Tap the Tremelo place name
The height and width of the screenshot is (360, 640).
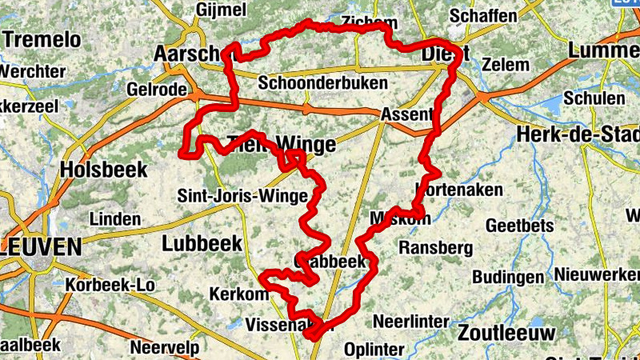click(42, 39)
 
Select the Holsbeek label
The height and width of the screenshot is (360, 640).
click(103, 170)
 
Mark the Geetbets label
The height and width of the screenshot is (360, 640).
click(519, 226)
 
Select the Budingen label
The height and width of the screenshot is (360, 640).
click(508, 277)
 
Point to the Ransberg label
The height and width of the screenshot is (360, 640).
click(435, 248)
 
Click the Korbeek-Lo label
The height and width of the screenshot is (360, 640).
click(110, 285)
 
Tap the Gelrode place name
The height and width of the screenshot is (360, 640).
click(156, 89)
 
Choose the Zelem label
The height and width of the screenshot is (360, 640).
click(506, 64)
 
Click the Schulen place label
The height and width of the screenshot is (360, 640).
click(594, 98)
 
